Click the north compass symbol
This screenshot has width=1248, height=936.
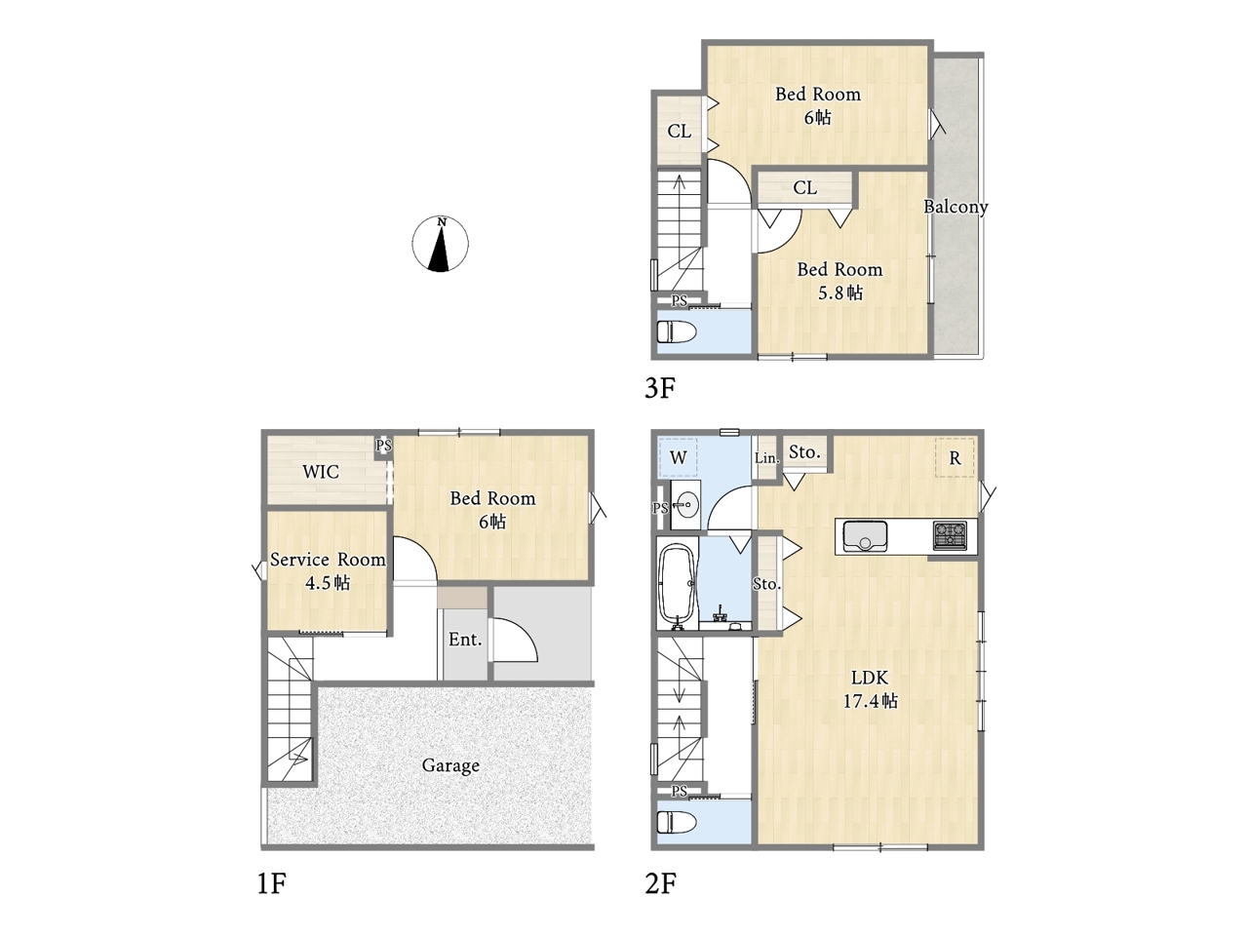pos(440,244)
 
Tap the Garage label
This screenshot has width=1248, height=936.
pos(450,766)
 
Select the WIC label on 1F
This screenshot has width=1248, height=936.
pos(321,471)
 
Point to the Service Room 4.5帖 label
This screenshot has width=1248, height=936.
pos(328,571)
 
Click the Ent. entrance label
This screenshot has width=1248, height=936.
pos(465,640)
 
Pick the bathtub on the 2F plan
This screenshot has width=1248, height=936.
pos(678,584)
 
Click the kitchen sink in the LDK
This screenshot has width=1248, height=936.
pos(865,536)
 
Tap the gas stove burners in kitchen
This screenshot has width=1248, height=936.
pos(950,535)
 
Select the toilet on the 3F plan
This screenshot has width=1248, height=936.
pos(678,331)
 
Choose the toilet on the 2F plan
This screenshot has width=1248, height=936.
pos(678,822)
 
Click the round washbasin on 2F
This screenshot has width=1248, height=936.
pos(686,504)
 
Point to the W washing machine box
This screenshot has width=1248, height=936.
pos(679,457)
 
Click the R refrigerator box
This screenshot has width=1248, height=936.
pos(955,457)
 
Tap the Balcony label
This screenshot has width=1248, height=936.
pos(955,207)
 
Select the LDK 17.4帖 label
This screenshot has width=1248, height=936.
pos(870,689)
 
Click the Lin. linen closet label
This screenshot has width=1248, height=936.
pos(767,457)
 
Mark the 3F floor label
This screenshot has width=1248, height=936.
pos(660,388)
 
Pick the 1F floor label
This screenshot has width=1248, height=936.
pos(272,883)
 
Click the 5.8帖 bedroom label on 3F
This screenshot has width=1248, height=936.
pos(840,292)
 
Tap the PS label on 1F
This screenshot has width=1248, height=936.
pos(384,445)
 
